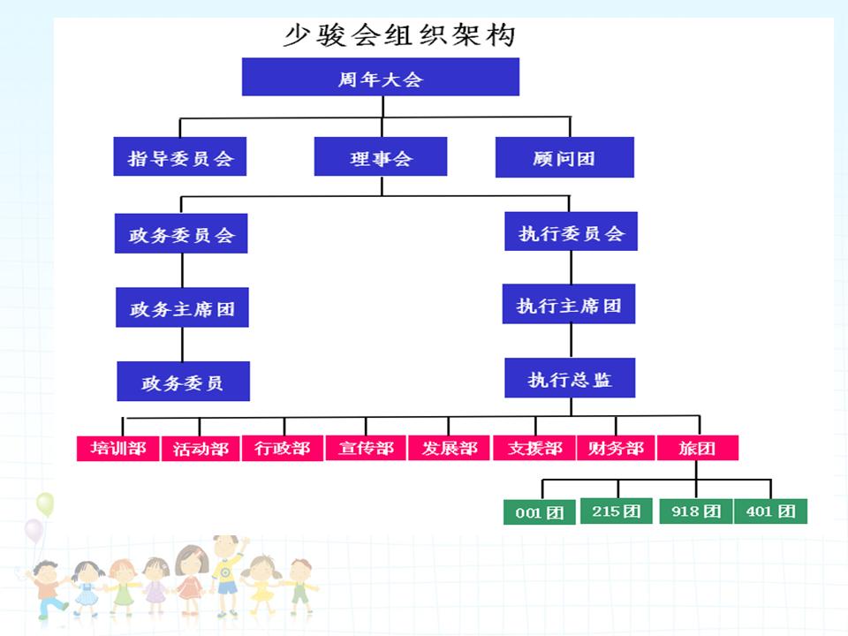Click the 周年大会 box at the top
point(380,78)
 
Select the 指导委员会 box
point(180,157)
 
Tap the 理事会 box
point(381,157)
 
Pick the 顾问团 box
point(564,157)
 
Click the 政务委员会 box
point(181,234)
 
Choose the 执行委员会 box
point(570,232)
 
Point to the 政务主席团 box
point(182,309)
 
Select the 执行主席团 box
point(569,306)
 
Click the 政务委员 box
point(183,382)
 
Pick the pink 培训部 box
point(117,448)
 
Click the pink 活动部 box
point(201,448)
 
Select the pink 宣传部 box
point(366,448)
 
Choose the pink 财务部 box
point(616,448)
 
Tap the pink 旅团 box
point(697,448)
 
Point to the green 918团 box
point(696,511)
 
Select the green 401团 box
point(770,511)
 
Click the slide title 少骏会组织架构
point(398,35)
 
